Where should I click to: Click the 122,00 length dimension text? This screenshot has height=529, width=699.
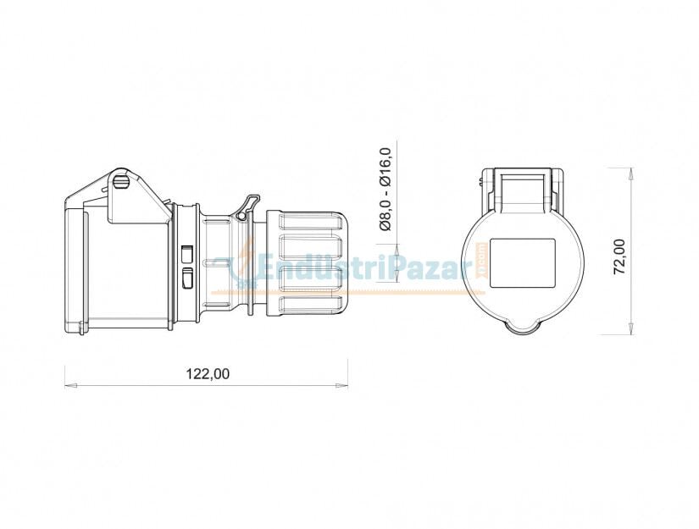click(208, 372)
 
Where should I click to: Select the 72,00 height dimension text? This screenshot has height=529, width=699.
click(619, 256)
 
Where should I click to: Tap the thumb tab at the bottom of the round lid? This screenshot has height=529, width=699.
click(522, 327)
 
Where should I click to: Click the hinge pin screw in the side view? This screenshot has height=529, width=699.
click(120, 179)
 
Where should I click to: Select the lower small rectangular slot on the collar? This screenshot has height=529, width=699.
click(187, 277)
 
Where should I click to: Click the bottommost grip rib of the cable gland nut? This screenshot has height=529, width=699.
click(311, 304)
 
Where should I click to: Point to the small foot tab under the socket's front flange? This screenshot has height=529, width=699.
click(80, 328)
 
